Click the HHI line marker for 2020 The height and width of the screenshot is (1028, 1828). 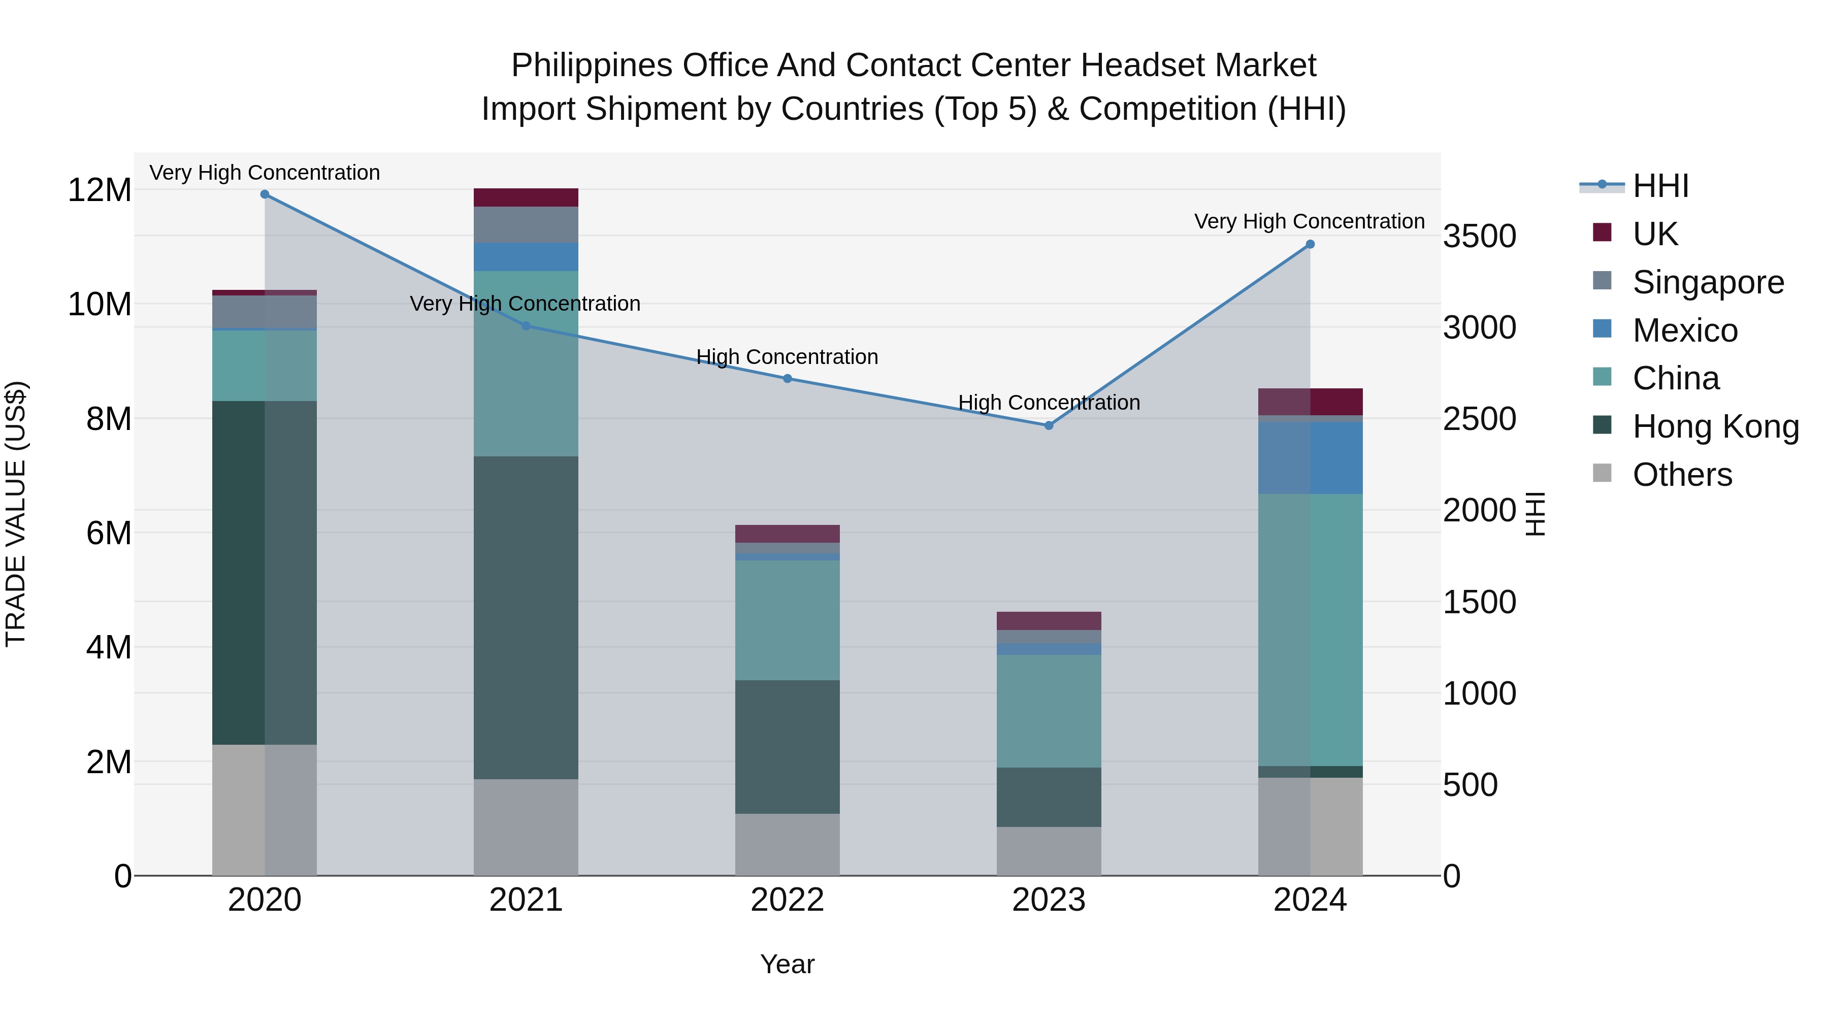265,194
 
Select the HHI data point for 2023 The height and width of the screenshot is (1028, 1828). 1049,426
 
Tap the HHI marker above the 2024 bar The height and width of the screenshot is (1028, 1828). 1310,245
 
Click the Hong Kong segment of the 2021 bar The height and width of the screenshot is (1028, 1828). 526,617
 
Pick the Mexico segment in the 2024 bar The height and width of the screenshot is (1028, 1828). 1310,457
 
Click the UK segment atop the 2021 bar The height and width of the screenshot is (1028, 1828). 526,197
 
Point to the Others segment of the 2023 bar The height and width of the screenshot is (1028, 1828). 1049,851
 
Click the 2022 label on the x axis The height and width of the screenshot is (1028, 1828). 787,900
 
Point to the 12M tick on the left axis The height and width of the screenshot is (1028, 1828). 100,190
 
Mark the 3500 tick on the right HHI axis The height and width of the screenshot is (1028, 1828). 1480,236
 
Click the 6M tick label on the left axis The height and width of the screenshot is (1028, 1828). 109,533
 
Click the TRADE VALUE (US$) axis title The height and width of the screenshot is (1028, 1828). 16,514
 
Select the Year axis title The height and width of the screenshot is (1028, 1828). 787,964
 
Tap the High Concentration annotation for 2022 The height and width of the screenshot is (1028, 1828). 787,357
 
